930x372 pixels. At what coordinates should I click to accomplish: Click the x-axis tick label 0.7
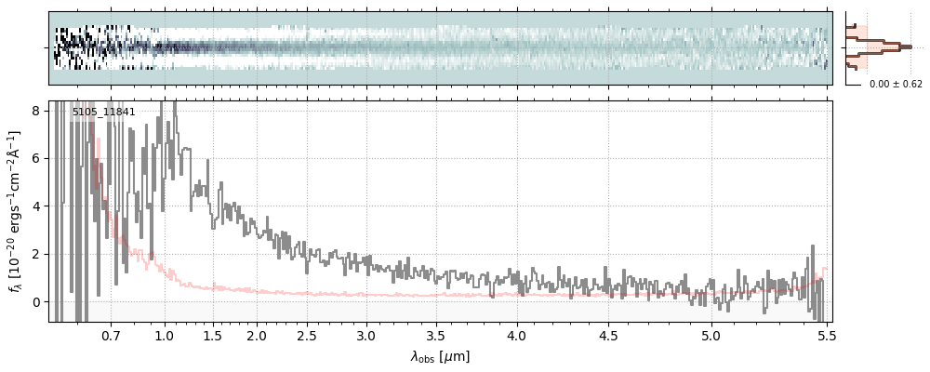111,335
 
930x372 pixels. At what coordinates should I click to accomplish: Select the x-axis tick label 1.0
165,335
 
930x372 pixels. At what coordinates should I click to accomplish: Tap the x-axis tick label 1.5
212,335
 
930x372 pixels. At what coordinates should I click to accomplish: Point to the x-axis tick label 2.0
257,335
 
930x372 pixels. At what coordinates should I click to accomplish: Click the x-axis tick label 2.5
307,335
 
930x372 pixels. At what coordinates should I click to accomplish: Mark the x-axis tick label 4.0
516,335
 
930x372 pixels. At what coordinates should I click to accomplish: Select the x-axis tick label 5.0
711,335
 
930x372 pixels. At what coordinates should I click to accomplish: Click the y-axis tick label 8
36,110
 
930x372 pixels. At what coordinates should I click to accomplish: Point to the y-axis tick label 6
36,158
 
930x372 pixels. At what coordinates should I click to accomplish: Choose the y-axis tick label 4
36,206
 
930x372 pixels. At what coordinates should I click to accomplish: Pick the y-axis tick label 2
36,254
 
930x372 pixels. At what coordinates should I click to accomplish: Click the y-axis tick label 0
36,301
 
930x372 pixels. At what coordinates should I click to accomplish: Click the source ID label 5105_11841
103,112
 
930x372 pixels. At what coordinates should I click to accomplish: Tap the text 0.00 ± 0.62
896,84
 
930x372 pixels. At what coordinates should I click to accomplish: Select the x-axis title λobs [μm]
440,355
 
